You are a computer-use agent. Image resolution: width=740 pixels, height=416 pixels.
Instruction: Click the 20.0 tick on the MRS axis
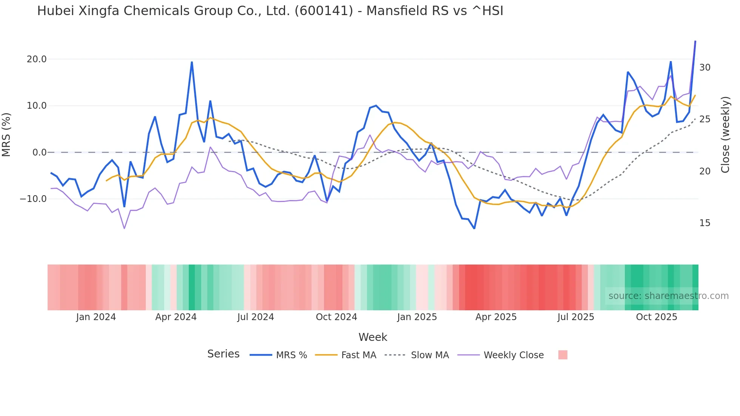[x=36, y=59]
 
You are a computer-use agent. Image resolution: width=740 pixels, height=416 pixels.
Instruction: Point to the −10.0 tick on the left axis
[x=33, y=199]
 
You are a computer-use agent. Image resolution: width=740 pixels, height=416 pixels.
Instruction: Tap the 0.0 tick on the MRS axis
[x=39, y=153]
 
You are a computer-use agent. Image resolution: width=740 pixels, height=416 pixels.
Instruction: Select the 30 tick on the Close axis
[x=705, y=68]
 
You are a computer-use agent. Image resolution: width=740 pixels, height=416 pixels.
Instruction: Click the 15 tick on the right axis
[x=705, y=223]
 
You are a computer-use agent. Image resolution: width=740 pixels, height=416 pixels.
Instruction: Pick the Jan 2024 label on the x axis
[x=96, y=317]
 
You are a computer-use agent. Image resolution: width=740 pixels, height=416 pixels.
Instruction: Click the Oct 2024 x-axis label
[x=336, y=317]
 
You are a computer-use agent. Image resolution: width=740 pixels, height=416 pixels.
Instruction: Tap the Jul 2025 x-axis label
[x=575, y=317]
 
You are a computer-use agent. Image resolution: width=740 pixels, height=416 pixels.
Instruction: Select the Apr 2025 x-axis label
[x=496, y=317]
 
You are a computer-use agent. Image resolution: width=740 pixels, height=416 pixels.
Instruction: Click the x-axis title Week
[x=373, y=337]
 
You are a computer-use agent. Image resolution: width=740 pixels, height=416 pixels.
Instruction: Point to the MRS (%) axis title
[x=6, y=135]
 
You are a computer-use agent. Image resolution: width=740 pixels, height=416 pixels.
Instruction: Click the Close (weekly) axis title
[x=725, y=135]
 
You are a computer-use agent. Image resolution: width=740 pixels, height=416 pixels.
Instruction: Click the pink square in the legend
[x=563, y=355]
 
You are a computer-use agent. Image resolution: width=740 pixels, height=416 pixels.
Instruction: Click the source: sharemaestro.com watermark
[x=668, y=296]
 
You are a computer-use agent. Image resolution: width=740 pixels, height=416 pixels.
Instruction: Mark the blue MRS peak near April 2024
[x=192, y=62]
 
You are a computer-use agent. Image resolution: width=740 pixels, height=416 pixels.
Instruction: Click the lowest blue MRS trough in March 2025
[x=474, y=228]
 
